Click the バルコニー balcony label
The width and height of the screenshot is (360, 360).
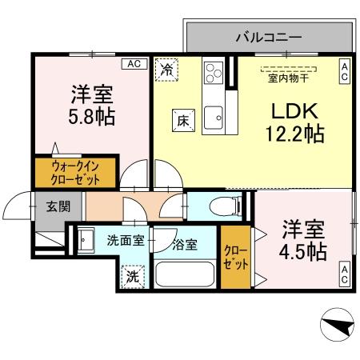[x=268, y=37]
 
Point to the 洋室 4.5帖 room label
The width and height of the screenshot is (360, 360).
[x=302, y=240]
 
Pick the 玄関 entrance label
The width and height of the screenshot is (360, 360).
[x=58, y=206]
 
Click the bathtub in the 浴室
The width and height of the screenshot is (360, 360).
[x=186, y=276]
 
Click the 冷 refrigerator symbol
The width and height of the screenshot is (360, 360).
[x=166, y=70]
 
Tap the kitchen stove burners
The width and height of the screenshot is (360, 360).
[x=213, y=73]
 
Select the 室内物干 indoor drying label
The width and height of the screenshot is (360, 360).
[x=289, y=77]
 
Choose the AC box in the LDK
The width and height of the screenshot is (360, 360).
[x=344, y=73]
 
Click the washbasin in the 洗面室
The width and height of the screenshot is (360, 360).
[x=86, y=238]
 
